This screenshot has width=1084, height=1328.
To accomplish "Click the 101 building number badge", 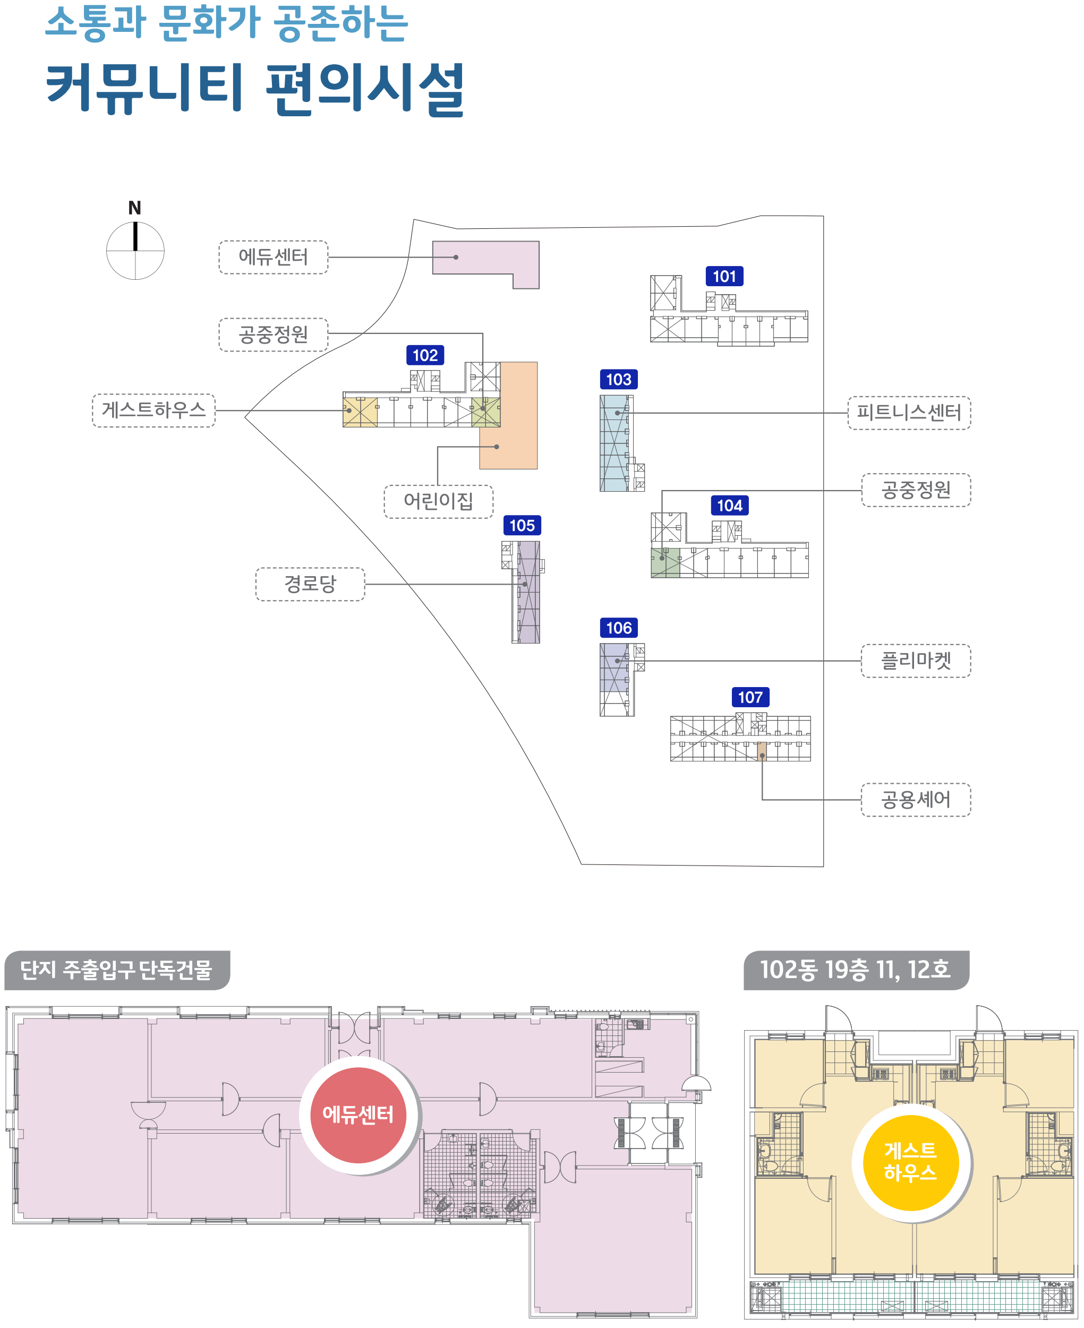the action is click(724, 277).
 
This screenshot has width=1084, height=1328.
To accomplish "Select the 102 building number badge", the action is click(425, 355).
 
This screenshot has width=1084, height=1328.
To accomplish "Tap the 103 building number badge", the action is click(619, 380).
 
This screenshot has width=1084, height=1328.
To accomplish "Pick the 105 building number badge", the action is click(522, 526).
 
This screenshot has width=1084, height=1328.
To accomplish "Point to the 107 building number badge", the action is click(750, 697).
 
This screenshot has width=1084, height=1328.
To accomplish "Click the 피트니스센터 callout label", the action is click(909, 413).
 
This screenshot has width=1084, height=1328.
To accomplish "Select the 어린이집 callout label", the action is click(438, 501).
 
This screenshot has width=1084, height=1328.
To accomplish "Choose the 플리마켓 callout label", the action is click(916, 661).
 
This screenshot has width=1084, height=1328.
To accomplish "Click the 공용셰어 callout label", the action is click(916, 800).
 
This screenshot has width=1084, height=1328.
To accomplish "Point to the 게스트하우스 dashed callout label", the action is click(153, 410).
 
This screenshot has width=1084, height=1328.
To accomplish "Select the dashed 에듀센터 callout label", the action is click(274, 257).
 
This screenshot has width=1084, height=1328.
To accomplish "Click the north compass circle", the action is click(135, 251).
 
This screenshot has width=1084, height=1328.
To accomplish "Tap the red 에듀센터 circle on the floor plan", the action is click(359, 1115).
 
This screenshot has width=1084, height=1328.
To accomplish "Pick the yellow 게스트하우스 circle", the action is click(910, 1162).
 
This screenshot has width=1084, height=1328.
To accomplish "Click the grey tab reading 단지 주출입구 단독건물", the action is click(117, 970).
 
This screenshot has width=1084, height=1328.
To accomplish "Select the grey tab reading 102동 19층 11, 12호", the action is click(856, 970).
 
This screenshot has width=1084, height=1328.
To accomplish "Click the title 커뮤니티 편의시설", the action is click(255, 89).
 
